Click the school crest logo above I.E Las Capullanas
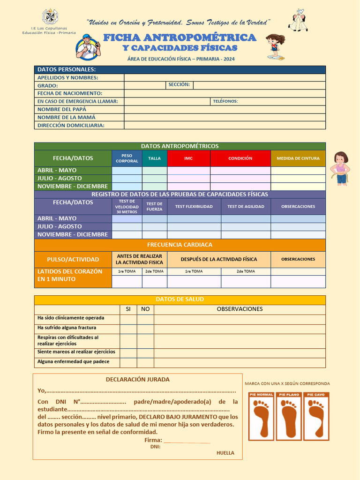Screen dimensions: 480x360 (50, 17)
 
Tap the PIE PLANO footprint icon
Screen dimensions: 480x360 (289, 416)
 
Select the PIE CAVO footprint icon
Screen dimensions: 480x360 (316, 416)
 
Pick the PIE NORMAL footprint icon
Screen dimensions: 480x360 (261, 416)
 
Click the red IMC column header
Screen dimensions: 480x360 (188, 158)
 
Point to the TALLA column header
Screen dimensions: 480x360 (154, 158)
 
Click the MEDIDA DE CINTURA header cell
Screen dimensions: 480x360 (298, 158)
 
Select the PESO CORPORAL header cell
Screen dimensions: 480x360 (127, 158)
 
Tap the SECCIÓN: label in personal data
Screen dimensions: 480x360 (179, 85)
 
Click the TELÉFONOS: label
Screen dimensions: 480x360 (225, 101)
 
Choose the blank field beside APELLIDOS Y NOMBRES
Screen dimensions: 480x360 (225, 77)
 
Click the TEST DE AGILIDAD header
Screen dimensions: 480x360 (246, 207)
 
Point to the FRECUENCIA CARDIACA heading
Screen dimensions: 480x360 (180, 245)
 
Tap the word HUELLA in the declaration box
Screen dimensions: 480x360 (225, 453)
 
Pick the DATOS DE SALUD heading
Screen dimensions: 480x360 (180, 300)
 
